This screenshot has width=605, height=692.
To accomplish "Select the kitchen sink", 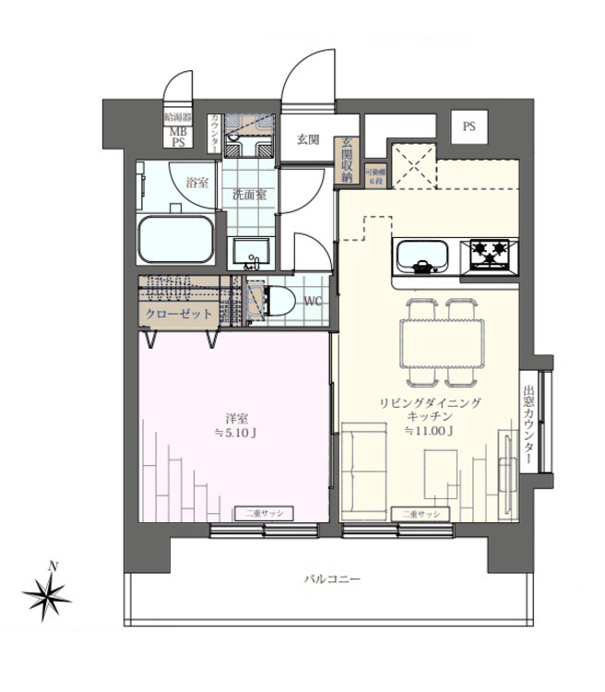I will (423, 254).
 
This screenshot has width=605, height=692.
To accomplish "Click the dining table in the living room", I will (442, 340).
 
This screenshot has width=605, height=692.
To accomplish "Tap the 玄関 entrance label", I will (307, 140).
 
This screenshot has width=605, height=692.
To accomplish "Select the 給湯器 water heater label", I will (177, 118).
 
